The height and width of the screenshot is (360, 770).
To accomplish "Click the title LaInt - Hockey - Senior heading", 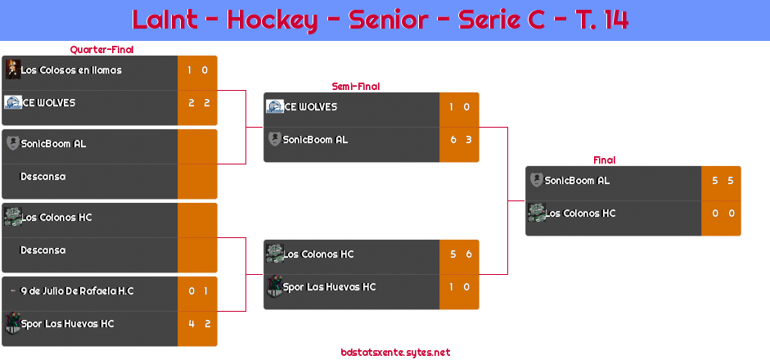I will [x=380, y=20].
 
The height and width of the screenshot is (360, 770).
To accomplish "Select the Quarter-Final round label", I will [x=101, y=50].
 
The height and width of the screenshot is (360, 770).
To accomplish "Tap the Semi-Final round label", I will [x=354, y=87].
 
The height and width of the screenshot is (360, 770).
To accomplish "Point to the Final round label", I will [x=603, y=160].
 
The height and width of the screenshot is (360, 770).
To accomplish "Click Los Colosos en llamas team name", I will [x=71, y=70].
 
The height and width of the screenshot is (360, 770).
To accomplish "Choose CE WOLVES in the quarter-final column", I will [x=48, y=103].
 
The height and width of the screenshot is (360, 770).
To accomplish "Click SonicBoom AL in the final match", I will [x=577, y=181].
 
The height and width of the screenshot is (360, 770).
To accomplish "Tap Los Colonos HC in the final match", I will [x=580, y=214].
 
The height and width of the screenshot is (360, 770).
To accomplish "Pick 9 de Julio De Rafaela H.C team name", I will [x=77, y=291].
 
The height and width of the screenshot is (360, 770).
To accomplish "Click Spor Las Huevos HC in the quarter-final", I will [x=67, y=324].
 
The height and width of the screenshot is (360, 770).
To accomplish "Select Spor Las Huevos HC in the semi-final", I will [x=329, y=287].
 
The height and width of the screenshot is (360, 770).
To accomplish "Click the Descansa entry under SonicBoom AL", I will [x=43, y=177].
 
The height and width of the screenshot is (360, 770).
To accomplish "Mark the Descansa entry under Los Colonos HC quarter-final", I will [x=43, y=250].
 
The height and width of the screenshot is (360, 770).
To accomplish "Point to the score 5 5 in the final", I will [x=722, y=181].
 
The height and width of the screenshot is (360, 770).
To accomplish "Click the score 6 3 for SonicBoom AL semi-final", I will [x=460, y=140].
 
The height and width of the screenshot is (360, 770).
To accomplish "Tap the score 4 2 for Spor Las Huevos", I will [x=199, y=324].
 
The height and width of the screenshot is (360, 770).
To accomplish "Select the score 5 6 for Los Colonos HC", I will [x=460, y=254].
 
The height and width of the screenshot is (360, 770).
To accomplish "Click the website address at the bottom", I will [x=395, y=353].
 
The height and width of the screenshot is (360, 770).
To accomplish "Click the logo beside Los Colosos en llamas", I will [x=12, y=70].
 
